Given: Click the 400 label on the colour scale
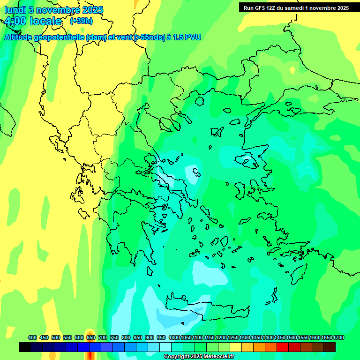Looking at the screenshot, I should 32,337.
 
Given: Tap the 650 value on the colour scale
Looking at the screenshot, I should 91,337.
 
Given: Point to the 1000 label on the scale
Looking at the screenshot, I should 174,337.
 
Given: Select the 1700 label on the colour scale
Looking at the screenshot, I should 338,337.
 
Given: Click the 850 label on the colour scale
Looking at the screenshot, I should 138,337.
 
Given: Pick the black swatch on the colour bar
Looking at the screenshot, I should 25,347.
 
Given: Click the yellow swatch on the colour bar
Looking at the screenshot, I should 236,347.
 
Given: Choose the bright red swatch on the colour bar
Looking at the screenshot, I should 283,347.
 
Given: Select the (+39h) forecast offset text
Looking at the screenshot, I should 81,21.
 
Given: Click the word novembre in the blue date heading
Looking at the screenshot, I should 58,10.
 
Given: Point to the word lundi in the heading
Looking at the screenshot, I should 15,10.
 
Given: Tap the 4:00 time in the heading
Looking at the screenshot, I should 15,22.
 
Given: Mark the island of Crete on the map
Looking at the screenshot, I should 206,309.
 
